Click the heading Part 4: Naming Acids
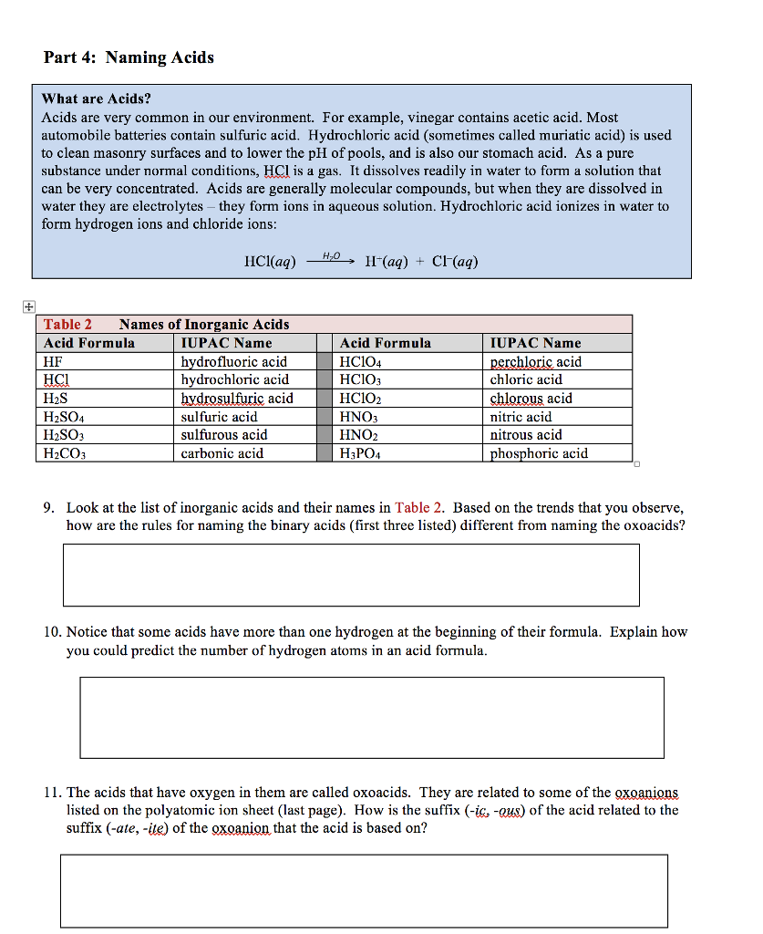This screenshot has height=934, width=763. tap(129, 58)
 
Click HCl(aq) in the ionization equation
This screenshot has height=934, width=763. tap(271, 263)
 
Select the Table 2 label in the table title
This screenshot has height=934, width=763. tap(67, 325)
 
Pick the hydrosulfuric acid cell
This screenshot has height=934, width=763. tap(237, 399)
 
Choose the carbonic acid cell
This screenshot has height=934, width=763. tap(222, 453)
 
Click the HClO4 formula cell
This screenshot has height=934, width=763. tap(360, 362)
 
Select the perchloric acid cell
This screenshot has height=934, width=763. tap(535, 362)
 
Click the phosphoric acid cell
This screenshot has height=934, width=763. tap(539, 453)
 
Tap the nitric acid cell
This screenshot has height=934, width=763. tap(521, 417)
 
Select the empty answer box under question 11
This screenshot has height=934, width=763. tap(364, 890)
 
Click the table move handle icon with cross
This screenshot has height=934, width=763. tap(30, 306)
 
